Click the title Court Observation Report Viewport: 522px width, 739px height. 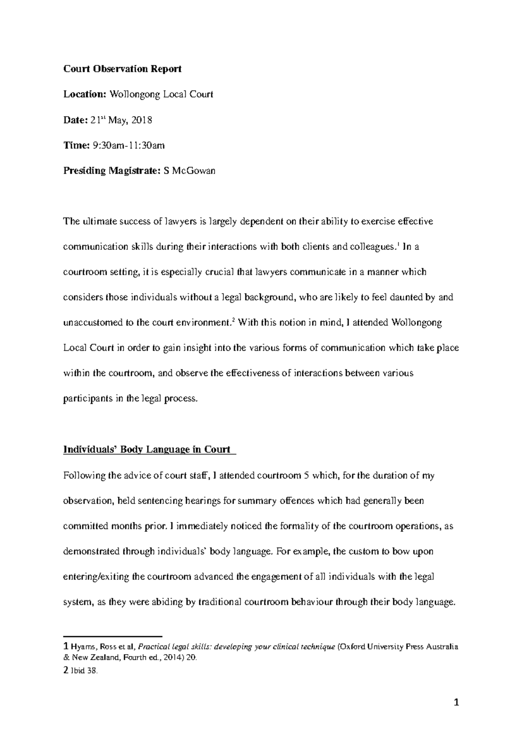(x=122, y=69)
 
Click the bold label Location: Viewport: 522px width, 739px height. (x=84, y=94)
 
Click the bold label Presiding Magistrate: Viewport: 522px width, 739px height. (x=112, y=171)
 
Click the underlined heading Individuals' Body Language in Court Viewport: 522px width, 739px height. (x=147, y=450)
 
